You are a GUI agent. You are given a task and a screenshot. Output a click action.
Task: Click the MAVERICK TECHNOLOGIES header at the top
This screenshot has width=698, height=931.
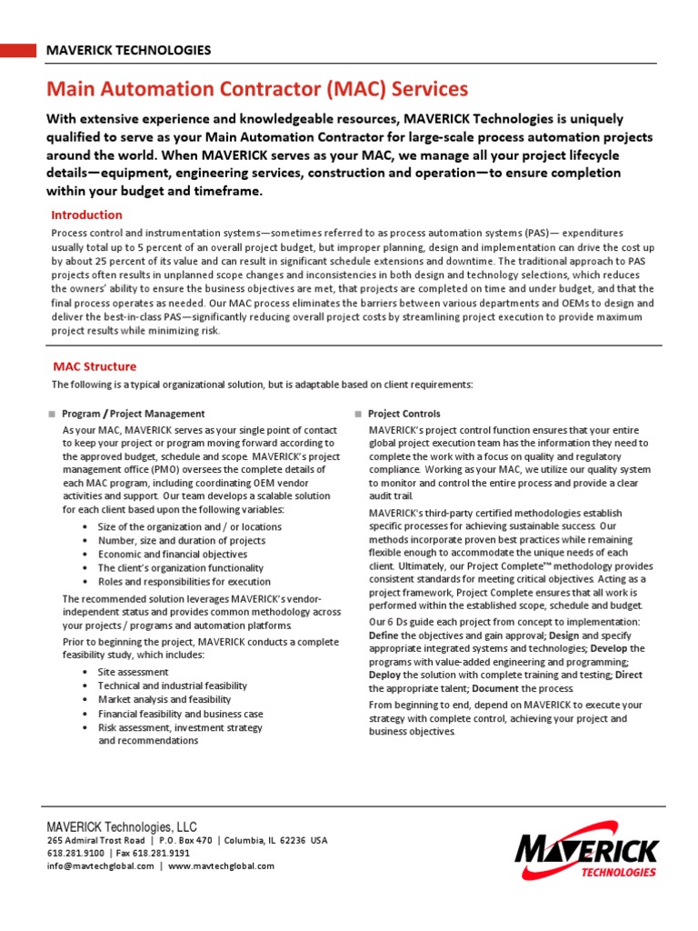129,50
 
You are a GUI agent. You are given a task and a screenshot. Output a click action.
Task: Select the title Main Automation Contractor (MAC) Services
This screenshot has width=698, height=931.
257,89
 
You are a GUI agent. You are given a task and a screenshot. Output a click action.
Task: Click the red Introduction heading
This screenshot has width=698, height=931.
86,215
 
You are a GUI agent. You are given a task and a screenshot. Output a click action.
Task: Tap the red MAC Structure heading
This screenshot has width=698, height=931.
95,366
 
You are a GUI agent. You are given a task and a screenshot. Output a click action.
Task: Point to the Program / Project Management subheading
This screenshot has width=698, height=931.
134,414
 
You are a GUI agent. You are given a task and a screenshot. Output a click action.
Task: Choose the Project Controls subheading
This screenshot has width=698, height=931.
404,414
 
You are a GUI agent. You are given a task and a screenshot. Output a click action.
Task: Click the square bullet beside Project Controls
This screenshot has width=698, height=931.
358,414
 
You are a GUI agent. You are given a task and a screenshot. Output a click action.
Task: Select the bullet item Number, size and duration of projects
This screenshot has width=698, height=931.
181,540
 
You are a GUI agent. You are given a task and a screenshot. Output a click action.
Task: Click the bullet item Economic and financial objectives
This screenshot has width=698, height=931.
172,554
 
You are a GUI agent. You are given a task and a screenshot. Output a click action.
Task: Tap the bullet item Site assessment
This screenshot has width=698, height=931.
133,672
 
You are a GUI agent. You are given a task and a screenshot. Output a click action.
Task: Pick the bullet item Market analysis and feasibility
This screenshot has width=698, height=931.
164,699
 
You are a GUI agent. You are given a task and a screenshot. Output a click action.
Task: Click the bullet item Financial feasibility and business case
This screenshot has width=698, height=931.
180,714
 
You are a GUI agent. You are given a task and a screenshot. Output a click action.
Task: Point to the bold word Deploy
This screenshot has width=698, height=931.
385,676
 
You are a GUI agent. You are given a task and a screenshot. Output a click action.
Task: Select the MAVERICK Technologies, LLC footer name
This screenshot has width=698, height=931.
122,826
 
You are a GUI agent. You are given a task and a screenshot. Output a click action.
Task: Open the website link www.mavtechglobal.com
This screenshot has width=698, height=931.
221,866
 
